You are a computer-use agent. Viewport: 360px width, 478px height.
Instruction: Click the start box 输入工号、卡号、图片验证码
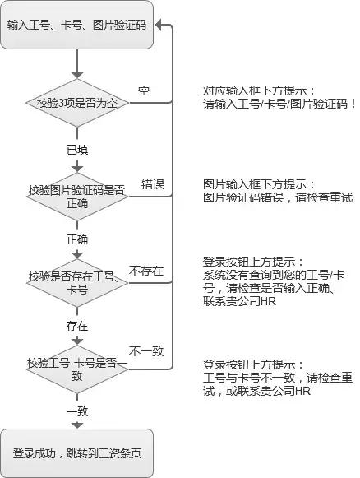point(76,25)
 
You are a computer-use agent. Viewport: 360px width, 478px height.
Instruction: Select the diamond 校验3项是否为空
point(77,103)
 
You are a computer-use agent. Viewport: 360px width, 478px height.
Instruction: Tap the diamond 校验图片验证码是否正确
point(77,197)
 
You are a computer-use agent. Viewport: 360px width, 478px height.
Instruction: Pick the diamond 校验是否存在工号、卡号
point(77,283)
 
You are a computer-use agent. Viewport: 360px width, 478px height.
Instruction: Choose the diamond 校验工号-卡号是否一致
point(77,369)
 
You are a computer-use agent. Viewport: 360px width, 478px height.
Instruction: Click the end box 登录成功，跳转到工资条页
point(76,453)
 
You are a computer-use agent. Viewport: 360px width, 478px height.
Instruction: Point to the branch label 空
point(144,90)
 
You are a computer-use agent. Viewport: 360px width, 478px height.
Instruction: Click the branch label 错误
point(153,184)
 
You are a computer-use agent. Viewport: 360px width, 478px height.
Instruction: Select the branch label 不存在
point(146,271)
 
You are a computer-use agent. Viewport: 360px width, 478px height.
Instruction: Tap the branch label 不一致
point(146,351)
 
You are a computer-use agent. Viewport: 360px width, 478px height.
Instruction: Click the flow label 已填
point(77,150)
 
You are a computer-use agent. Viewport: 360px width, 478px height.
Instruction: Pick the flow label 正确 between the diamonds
point(77,239)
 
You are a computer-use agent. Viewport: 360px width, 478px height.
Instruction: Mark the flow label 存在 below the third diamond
point(77,326)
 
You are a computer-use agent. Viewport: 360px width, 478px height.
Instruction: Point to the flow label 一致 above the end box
point(77,411)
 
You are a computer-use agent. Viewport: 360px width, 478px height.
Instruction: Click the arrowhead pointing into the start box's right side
point(159,25)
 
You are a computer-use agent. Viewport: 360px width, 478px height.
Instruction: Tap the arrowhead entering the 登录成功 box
point(77,425)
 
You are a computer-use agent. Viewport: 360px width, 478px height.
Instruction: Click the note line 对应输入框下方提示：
point(259,90)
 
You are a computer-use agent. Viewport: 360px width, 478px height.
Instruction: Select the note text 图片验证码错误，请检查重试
point(278,197)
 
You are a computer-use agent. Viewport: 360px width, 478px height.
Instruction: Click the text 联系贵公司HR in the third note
point(239,301)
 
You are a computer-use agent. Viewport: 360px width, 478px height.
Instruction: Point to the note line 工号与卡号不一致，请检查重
point(278,378)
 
